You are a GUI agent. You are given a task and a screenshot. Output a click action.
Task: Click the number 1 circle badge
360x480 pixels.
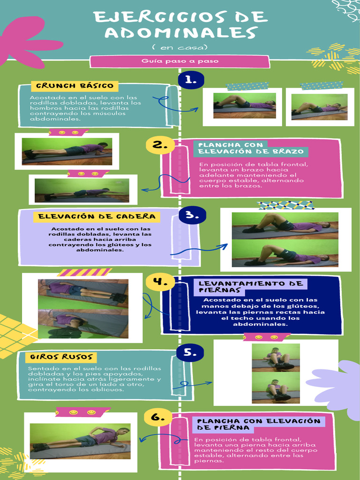click(191, 80)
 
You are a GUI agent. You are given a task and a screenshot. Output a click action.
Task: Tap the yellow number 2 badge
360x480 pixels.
click(160, 145)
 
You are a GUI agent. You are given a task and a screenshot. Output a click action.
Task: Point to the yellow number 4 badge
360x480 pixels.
click(160, 282)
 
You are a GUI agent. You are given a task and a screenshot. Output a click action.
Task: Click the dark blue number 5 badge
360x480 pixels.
click(190, 352)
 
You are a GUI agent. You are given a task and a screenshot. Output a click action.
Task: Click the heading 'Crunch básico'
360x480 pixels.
click(75, 86)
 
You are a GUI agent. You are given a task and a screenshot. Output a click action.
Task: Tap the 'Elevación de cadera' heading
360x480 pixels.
click(97, 217)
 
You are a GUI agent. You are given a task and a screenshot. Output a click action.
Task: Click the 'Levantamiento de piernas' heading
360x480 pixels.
click(250, 286)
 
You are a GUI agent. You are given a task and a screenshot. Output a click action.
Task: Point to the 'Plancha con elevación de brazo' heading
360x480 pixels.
click(250, 148)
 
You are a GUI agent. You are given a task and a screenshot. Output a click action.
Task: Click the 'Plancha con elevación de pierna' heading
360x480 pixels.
click(258, 424)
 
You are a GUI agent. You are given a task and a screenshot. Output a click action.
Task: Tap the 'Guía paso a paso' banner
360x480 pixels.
click(180, 61)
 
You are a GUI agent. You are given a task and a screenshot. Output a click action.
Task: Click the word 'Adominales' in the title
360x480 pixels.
click(180, 33)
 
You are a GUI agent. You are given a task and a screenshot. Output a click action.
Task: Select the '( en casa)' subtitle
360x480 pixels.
click(180, 47)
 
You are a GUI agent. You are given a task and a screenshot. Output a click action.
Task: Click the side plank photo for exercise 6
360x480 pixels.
click(80, 441)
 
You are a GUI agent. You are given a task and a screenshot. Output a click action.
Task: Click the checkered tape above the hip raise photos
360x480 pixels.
click(285, 205)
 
